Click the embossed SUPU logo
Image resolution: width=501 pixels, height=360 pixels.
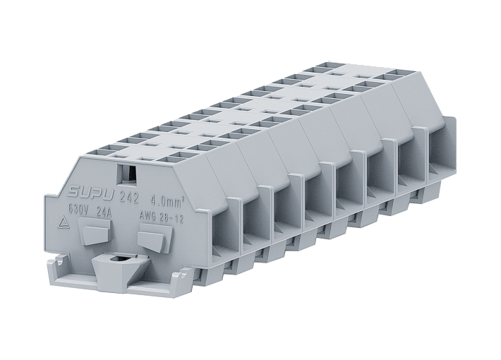90,193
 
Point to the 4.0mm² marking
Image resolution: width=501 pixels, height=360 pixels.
168,201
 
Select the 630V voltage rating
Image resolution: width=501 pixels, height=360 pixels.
78,210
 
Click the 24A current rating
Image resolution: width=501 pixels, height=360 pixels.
104,212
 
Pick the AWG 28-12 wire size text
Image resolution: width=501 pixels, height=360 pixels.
162,217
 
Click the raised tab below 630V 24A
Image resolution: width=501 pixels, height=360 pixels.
95,231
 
